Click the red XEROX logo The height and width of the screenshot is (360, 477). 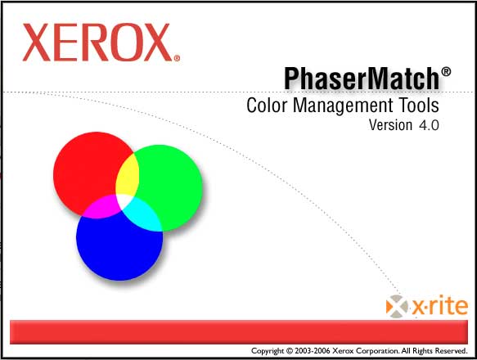101,43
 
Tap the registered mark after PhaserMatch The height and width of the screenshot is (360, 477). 446,72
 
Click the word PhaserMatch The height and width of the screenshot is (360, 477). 362,79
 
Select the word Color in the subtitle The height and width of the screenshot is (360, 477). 267,106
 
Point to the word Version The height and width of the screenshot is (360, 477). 390,124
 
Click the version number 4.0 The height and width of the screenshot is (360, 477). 429,125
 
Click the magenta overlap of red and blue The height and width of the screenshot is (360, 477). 100,207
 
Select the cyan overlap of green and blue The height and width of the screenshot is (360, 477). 143,214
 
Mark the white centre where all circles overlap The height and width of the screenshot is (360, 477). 124,200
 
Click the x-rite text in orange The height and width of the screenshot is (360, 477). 440,306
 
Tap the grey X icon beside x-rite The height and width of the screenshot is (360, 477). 397,307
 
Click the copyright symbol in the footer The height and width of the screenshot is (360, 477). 290,351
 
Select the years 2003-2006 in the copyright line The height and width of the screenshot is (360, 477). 312,351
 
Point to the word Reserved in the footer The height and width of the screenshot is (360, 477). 451,351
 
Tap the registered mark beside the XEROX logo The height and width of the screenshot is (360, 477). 177,58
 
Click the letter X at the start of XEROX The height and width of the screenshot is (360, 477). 37,43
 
